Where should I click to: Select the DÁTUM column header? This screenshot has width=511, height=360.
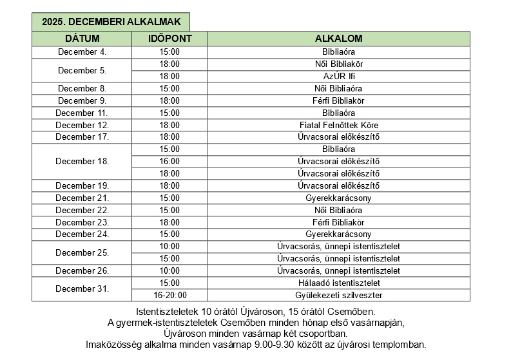coord(82,39)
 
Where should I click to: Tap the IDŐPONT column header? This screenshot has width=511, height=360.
coord(169,39)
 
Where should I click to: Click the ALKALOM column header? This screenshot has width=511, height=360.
coord(338,39)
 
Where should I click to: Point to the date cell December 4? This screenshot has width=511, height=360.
coord(82,52)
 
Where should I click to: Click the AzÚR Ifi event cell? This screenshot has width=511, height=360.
coord(338,76)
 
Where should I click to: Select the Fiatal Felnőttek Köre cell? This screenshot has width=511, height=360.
coord(338,125)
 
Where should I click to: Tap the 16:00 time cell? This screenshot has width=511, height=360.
coord(169,161)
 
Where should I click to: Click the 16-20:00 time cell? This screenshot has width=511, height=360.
coord(169,295)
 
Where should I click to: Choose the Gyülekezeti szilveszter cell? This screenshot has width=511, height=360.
coord(338,295)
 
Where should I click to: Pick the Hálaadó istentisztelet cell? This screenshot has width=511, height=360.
coord(338,283)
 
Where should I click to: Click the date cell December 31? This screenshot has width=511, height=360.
coord(82,289)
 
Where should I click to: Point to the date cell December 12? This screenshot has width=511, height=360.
coord(82,125)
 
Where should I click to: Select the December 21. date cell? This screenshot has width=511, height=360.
coord(82,198)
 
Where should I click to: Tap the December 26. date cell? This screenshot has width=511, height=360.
coord(82,270)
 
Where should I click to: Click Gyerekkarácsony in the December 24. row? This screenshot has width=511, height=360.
coord(338,234)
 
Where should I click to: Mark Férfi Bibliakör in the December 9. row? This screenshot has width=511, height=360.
coord(338,100)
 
